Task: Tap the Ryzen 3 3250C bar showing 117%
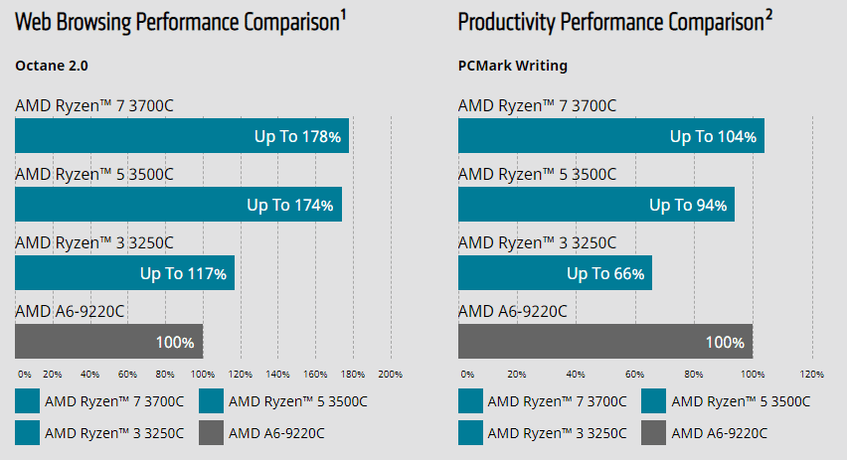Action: (x=124, y=272)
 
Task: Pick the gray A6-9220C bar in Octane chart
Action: (x=108, y=342)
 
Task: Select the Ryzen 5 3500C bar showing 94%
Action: (x=595, y=205)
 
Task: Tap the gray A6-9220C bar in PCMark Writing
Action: (x=604, y=342)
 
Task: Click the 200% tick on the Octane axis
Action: (x=390, y=375)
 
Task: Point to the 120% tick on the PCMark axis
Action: (x=811, y=375)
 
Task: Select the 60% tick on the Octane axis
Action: (x=127, y=375)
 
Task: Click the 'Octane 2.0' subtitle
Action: (x=51, y=67)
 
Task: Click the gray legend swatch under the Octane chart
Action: (x=211, y=432)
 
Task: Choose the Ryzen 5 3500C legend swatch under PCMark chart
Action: (x=653, y=401)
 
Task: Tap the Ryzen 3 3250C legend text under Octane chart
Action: (x=114, y=433)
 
